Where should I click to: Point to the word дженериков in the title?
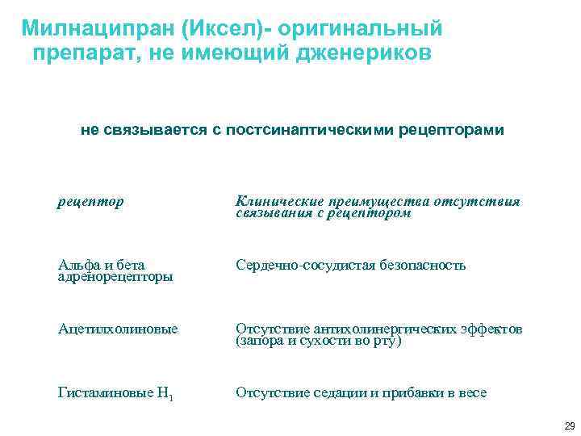[363, 53]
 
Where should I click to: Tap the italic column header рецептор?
[91, 201]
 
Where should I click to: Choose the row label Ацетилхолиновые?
[118, 329]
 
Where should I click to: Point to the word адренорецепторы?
[115, 276]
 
